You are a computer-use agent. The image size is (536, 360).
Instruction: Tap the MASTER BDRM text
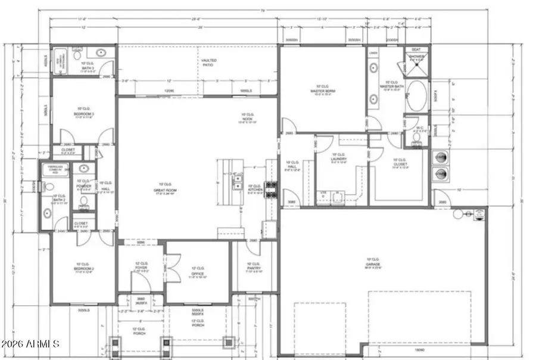tap(323, 90)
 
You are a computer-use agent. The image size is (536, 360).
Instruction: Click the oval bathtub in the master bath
tap(417, 96)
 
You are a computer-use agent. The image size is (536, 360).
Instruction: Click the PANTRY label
tap(254, 266)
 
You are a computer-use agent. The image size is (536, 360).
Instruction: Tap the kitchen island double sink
tap(237, 182)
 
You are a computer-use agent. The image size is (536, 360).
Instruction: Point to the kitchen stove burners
tap(271, 190)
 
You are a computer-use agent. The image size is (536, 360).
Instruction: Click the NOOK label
tap(248, 117)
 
